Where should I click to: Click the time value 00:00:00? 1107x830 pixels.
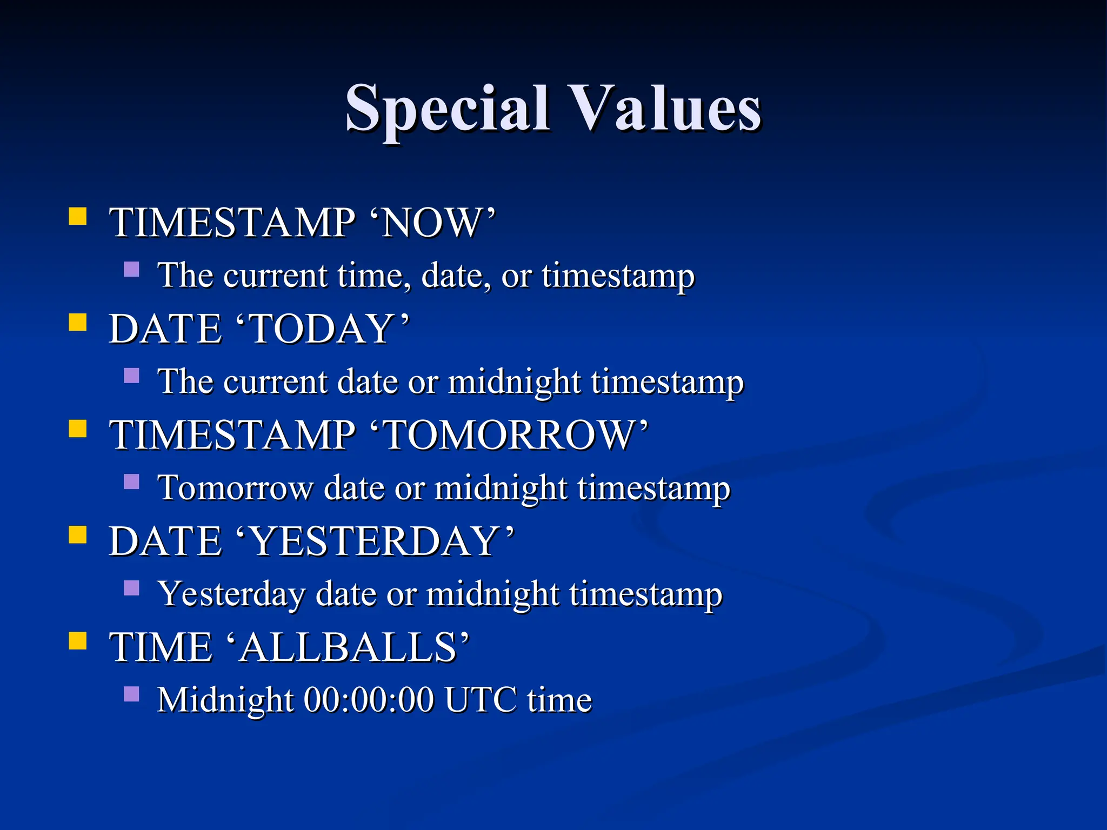369,700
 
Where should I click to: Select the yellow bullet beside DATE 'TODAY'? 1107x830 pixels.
78,323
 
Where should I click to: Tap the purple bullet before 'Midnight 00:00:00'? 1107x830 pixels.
131,694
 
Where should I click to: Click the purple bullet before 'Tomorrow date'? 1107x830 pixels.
131,481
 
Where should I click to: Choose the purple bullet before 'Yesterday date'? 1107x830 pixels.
131,588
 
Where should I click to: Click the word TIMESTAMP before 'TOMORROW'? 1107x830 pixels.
232,435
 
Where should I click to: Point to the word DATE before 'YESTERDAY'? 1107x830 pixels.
165,541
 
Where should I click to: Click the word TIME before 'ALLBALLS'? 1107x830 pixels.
161,647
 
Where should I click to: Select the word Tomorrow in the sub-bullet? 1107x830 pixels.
235,487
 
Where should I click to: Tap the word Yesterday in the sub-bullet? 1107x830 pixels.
231,594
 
